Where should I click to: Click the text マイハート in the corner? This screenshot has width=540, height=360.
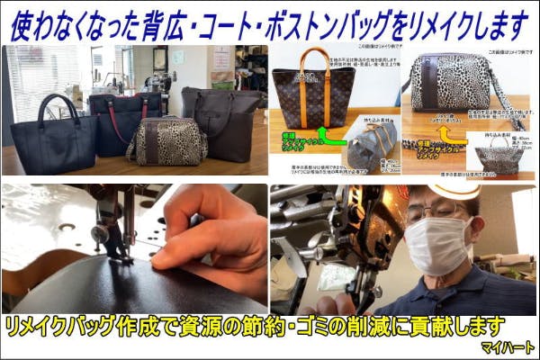click(x=508, y=346)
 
